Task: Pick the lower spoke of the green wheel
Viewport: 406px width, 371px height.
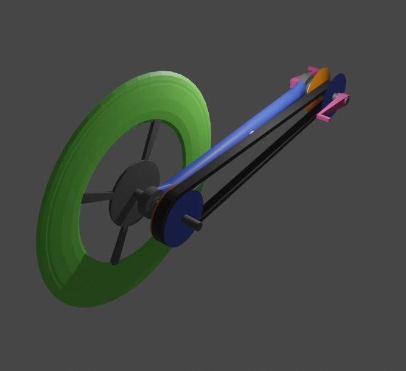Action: [x=118, y=244]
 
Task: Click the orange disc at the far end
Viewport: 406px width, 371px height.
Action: [x=320, y=79]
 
